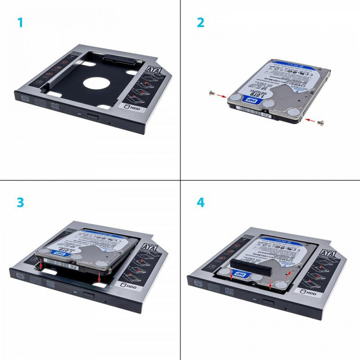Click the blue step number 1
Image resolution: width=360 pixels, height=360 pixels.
click(20, 23)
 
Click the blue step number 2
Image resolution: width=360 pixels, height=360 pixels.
click(201, 23)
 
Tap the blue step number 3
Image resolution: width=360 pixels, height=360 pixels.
click(20, 202)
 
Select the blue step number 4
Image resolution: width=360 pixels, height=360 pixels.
click(201, 202)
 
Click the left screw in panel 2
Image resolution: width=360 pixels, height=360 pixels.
click(212, 94)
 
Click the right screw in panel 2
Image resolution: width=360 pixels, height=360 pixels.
click(321, 123)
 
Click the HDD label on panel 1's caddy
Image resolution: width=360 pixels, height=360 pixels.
click(131, 107)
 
